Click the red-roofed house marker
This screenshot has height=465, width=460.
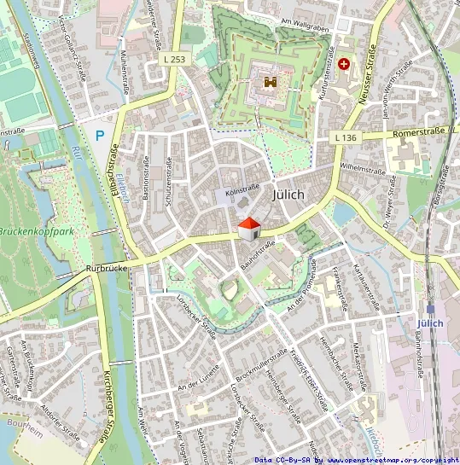tap(247, 229)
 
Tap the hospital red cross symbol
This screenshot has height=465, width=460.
tap(344, 63)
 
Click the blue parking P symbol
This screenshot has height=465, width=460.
tap(100, 135)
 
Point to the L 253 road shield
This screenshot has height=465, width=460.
tap(174, 60)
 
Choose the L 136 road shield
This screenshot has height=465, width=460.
tap(345, 137)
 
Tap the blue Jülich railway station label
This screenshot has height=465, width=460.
tap(432, 323)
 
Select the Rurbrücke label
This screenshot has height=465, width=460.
tap(106, 268)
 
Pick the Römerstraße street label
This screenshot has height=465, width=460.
tap(420, 134)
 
